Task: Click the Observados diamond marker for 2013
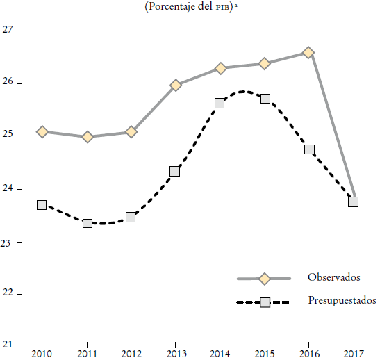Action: click(176, 85)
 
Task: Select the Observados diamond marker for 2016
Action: click(308, 53)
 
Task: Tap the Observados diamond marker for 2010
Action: click(42, 132)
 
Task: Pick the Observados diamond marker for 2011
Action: click(88, 137)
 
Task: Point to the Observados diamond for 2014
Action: click(220, 68)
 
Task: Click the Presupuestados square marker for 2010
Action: click(42, 205)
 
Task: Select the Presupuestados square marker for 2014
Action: click(220, 103)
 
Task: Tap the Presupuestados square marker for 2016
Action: click(309, 149)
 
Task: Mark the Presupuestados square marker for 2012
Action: click(131, 217)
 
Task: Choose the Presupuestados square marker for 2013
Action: click(175, 171)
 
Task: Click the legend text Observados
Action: click(333, 277)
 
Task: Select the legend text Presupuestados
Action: click(342, 301)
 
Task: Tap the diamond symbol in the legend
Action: click(264, 279)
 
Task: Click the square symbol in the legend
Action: click(265, 302)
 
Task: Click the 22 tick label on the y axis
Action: click(8, 295)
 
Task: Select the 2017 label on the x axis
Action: click(353, 353)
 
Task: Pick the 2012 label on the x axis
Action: click(131, 353)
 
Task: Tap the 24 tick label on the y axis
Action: click(8, 189)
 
